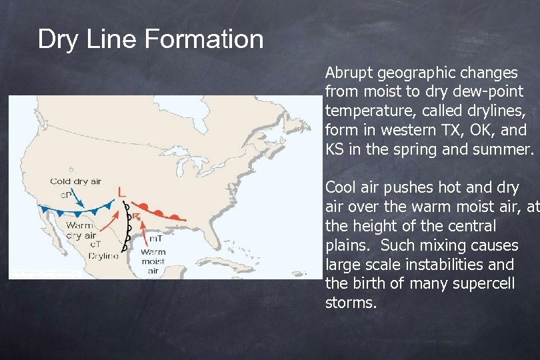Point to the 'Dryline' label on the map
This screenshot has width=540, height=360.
102,255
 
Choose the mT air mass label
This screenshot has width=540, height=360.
155,238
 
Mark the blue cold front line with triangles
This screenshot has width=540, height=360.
80,211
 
